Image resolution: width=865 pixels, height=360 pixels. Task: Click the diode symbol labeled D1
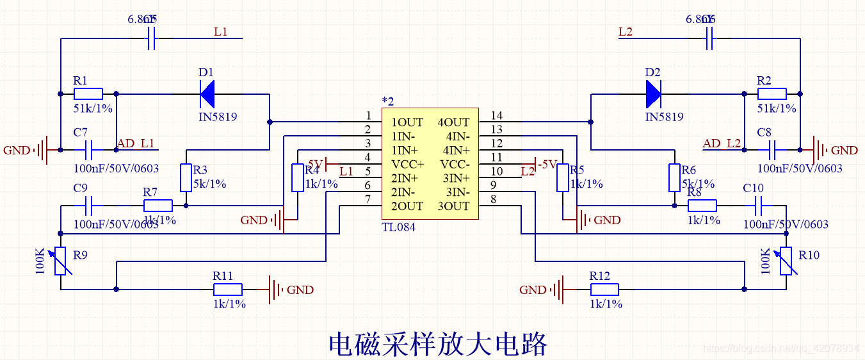tap(207, 95)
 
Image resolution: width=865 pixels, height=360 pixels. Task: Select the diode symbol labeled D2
tap(653, 95)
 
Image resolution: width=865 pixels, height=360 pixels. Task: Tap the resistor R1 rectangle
tap(88, 94)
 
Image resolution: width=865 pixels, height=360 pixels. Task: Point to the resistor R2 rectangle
tap(772, 94)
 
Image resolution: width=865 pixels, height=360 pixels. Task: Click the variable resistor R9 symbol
tap(61, 261)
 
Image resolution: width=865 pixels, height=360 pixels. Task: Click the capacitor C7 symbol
tap(88, 151)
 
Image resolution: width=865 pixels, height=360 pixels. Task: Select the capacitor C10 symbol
tap(759, 206)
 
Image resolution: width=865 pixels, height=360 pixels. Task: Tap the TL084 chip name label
tap(398, 227)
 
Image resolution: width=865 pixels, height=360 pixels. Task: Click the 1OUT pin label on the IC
tap(407, 122)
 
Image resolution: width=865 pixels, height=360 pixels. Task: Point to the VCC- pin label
tap(453, 164)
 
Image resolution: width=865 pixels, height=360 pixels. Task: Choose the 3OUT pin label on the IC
tap(453, 206)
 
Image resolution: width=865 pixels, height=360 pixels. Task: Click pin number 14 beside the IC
tap(496, 116)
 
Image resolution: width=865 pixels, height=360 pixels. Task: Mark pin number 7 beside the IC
tap(368, 199)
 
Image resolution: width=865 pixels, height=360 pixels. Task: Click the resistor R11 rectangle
tap(227, 290)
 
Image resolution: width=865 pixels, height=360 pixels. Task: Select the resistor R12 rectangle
tap(604, 290)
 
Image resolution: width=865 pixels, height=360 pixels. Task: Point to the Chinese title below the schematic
tap(438, 344)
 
